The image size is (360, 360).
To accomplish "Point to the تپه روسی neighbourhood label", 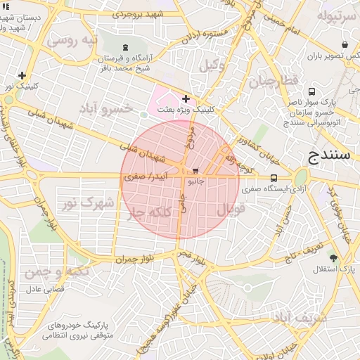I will pos(71,41).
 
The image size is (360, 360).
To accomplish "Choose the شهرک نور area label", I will pos(87,203).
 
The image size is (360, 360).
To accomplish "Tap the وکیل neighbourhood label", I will pos(211,66).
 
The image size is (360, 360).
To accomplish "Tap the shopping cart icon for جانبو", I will pos(195,170).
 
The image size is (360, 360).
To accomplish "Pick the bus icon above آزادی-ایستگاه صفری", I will pos(274,178).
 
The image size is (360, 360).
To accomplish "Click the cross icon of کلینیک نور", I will pos(22,75).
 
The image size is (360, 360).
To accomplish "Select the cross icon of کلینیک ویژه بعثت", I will pos(186,99).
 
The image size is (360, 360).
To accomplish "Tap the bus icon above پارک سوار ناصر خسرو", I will pos(312,91).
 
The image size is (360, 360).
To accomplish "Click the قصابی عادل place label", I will pos(46,288).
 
